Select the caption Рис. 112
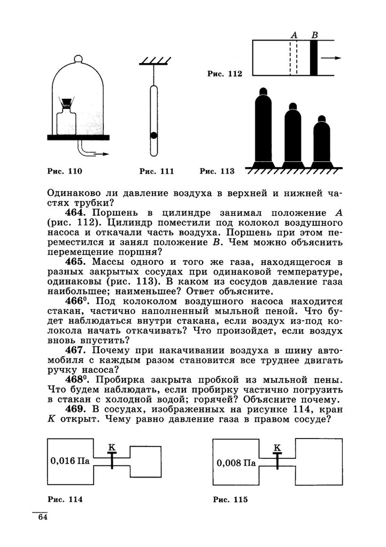[224, 74]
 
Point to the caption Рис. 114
[65, 500]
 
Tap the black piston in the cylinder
[314, 58]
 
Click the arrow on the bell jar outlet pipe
[102, 154]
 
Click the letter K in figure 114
[111, 446]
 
